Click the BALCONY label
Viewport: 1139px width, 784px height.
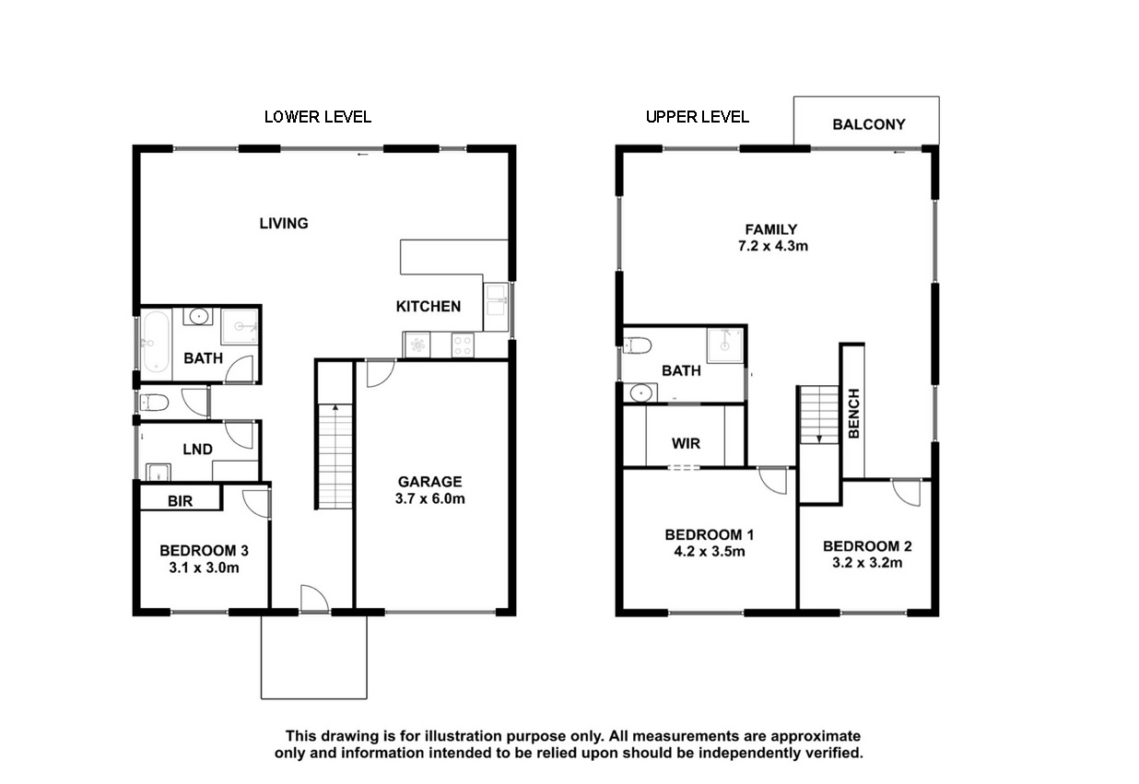pos(868,124)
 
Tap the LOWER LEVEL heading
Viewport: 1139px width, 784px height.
pos(318,117)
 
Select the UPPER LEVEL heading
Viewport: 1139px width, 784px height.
pos(697,117)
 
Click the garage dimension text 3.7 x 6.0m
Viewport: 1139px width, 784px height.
pos(429,498)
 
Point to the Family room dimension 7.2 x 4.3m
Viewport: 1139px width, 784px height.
pos(773,246)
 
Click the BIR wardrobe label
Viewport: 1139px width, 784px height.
pos(180,501)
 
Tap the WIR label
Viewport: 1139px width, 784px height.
pos(686,443)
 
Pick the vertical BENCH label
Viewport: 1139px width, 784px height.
pos(853,414)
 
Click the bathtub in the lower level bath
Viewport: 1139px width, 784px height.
pos(156,342)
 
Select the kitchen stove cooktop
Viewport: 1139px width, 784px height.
pos(463,345)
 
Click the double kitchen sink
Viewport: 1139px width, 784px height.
pos(495,307)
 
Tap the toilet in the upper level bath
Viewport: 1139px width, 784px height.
pos(637,345)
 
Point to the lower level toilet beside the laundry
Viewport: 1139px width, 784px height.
pos(154,404)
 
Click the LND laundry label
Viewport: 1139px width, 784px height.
pos(198,450)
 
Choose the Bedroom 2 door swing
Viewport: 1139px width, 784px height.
pos(906,493)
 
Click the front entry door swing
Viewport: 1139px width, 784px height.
pos(315,599)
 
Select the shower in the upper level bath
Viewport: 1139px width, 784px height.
pos(724,345)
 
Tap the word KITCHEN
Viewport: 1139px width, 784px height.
pos(429,307)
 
